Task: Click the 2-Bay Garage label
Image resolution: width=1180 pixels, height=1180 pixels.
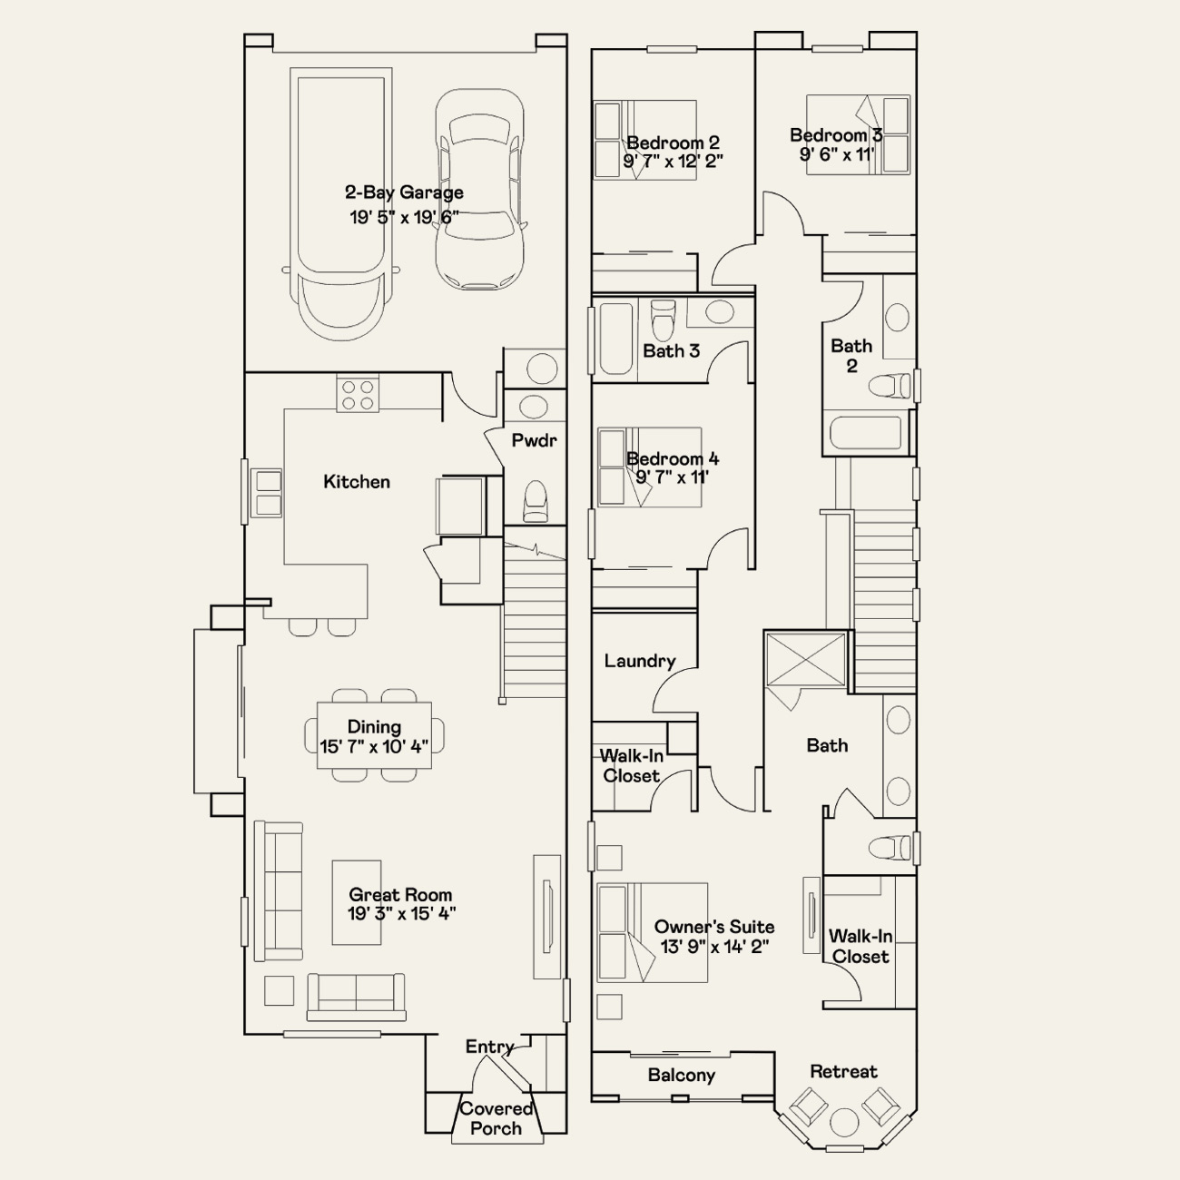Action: (x=404, y=192)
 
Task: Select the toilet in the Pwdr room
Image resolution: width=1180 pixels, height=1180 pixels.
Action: (x=536, y=501)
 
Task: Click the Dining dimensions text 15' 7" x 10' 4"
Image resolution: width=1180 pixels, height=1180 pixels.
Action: (x=374, y=746)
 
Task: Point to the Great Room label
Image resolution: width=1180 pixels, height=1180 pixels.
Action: (x=400, y=895)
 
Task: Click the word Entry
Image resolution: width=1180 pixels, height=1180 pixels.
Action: (x=489, y=1047)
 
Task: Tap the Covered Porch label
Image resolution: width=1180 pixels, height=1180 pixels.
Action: (x=496, y=1118)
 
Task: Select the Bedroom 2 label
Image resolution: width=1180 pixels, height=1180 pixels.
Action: (x=673, y=143)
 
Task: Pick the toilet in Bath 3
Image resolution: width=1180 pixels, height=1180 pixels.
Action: (x=662, y=320)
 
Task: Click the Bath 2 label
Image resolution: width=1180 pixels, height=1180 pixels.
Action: (x=851, y=356)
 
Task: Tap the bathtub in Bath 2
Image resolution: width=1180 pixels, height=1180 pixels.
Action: (x=866, y=433)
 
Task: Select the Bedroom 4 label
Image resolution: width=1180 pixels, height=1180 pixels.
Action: (x=673, y=458)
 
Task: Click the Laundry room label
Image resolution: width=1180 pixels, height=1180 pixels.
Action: (x=640, y=661)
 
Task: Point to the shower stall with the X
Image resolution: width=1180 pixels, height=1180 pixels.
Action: (x=806, y=659)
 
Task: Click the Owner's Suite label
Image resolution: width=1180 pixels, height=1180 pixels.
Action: (x=714, y=927)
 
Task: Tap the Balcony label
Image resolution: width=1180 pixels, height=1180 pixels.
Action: (x=682, y=1076)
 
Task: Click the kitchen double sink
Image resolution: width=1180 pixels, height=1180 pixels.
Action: (x=266, y=493)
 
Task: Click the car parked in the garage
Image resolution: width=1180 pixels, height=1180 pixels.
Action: (x=480, y=190)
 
